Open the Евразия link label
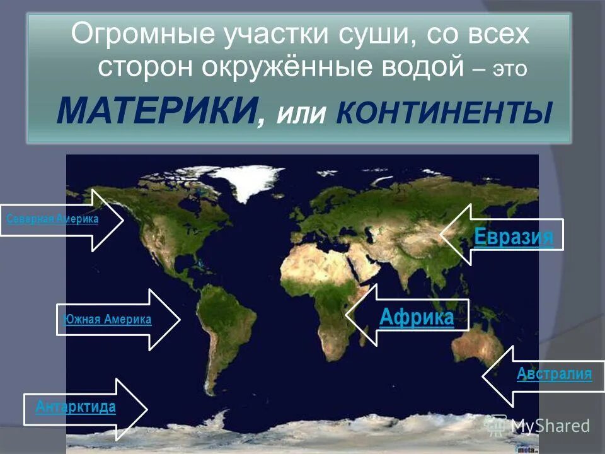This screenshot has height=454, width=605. [x=513, y=237]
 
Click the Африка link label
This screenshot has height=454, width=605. [x=416, y=316]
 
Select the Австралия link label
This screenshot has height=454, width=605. [x=554, y=374]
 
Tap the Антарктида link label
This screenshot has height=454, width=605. [x=76, y=407]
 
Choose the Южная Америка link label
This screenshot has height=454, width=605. [x=107, y=320]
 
